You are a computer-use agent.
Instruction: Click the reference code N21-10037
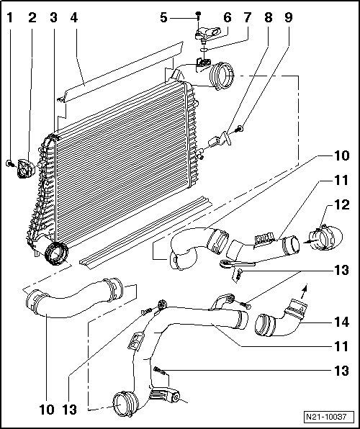point(325,417)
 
